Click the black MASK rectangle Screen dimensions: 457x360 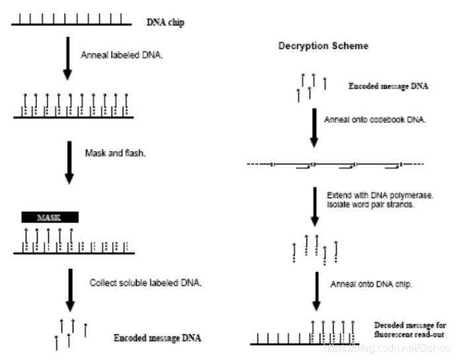50,217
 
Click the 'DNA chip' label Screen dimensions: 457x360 165,22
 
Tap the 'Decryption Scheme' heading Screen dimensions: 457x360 323,46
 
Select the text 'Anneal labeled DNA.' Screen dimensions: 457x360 122,55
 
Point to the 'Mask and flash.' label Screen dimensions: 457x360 115,153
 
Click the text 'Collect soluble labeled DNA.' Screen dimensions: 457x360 145,283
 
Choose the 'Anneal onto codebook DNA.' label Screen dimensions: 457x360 375,120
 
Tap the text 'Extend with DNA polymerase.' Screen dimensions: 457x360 380,196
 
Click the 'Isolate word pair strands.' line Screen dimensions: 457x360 370,205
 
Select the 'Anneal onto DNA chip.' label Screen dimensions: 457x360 371,284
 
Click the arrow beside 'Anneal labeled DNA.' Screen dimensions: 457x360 67,58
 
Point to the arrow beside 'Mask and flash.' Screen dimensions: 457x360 69,162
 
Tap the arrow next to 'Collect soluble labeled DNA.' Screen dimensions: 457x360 70,291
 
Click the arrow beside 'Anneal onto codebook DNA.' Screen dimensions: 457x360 314,128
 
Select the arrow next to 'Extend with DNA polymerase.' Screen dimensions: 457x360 315,207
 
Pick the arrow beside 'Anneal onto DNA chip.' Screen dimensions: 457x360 317,291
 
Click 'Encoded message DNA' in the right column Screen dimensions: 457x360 388,86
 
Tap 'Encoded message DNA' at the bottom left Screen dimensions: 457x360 157,338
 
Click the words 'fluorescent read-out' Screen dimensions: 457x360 409,334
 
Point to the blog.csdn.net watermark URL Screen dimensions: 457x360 388,348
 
